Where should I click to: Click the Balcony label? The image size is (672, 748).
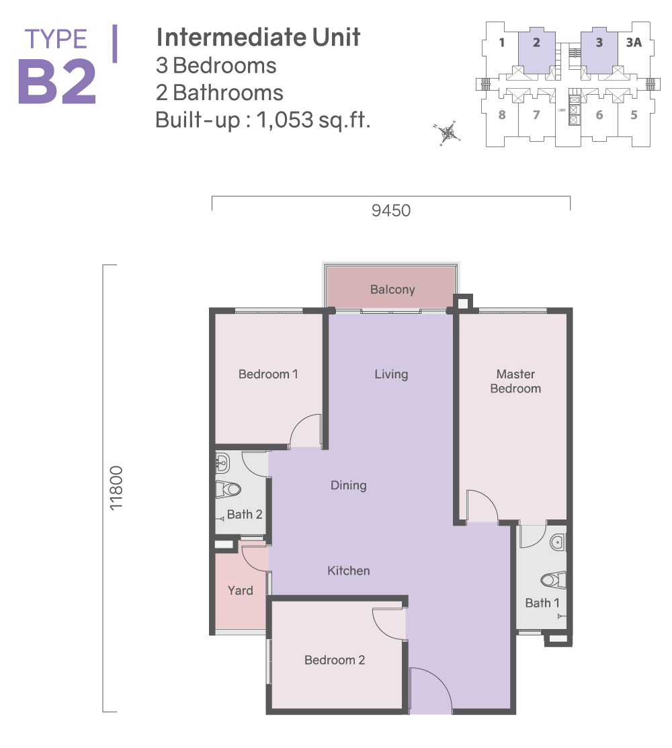(392, 290)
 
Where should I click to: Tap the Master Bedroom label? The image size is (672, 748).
(515, 381)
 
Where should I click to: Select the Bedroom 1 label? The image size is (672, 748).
(268, 374)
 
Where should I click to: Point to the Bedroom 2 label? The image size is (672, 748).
(335, 660)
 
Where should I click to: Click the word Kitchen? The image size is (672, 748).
(349, 571)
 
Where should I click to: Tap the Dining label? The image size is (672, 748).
(349, 486)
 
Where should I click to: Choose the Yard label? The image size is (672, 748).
(241, 591)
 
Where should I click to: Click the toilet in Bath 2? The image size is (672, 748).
(228, 489)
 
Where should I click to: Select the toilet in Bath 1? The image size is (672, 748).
(553, 579)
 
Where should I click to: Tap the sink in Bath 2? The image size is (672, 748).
(222, 462)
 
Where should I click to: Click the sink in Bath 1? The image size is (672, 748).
(558, 542)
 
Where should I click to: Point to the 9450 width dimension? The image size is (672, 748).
(391, 210)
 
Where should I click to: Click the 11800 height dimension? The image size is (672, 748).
(116, 488)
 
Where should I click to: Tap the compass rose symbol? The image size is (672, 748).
(447, 133)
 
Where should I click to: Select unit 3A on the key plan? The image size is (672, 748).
(634, 42)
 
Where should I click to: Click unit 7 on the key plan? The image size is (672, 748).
(536, 115)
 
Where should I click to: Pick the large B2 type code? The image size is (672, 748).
(57, 82)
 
